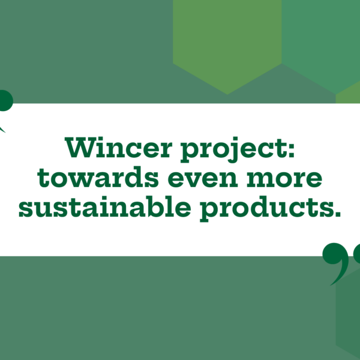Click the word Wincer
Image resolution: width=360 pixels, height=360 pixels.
118,147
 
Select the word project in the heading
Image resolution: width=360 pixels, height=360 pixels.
235,149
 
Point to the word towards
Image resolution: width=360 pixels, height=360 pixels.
98,177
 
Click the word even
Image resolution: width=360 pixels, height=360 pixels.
203,179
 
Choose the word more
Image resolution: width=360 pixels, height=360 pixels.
284,179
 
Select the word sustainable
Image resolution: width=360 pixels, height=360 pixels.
104,206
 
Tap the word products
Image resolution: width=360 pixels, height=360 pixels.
267,208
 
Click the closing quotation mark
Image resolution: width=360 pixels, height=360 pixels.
341,264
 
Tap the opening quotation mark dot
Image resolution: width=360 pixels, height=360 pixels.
5,101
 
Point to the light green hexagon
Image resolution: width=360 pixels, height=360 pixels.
227,47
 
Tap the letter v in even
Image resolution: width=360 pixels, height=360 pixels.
194,179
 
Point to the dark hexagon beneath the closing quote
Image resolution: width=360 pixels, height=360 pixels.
348,312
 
